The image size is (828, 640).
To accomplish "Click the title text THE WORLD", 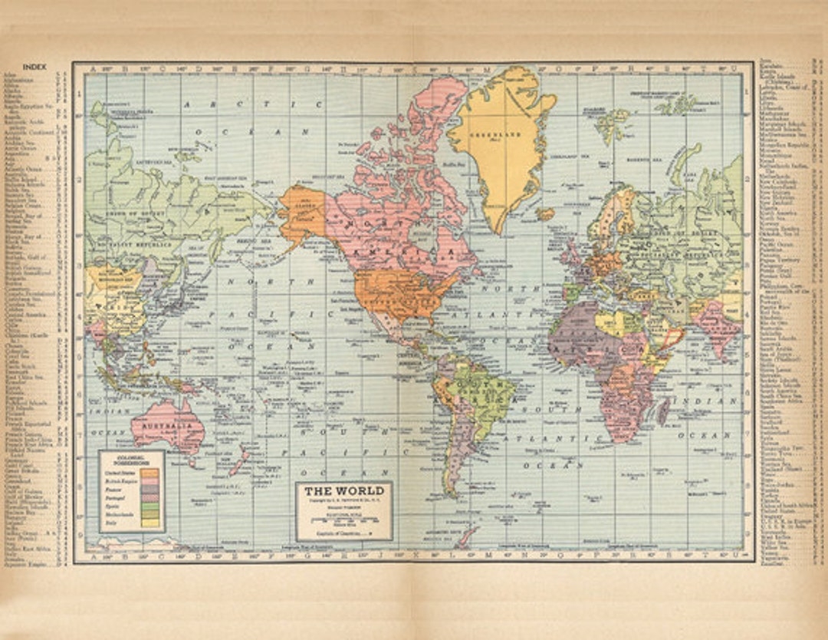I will click(x=343, y=491).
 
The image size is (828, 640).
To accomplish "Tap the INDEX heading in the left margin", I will click(x=34, y=68).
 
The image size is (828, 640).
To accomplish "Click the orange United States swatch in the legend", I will click(x=150, y=476).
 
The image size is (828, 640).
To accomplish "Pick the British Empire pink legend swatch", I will click(x=150, y=485).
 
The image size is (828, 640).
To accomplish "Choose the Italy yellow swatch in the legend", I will click(x=150, y=523).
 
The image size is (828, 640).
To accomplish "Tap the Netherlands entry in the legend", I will click(x=119, y=515).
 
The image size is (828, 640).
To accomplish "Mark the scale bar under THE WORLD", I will click(x=343, y=522).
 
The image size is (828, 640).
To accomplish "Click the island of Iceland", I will click(x=546, y=214).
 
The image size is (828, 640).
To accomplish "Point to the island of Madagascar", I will click(x=663, y=411).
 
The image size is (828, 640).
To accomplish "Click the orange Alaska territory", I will click(x=303, y=209).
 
